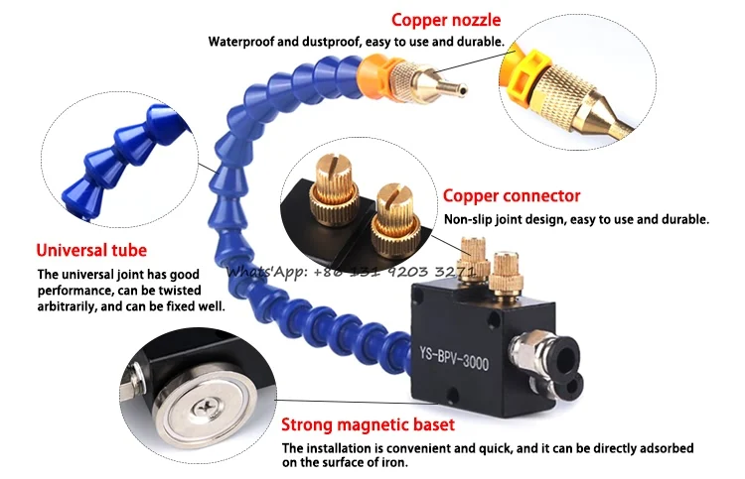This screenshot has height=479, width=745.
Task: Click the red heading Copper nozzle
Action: (446, 19)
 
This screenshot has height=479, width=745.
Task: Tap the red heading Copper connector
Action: (512, 196)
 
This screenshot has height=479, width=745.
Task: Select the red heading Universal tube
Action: (91, 250)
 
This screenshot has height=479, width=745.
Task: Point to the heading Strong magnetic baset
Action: (368, 424)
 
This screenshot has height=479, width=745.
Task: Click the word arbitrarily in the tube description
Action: (71, 306)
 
